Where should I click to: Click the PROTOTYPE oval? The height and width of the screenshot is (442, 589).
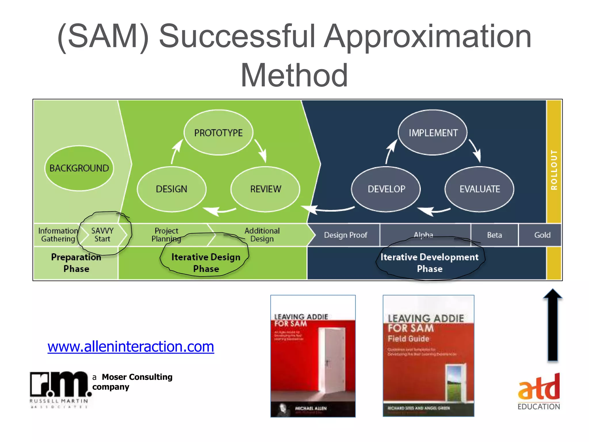[218, 133]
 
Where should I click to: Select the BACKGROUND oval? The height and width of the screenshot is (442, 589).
[79, 168]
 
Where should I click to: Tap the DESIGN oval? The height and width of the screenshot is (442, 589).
[171, 189]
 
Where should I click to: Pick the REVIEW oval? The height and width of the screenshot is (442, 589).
[265, 189]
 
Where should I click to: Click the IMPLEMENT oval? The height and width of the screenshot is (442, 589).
[433, 133]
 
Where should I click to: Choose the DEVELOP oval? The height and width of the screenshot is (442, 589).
[386, 189]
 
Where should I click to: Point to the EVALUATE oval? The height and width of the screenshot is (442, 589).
[479, 189]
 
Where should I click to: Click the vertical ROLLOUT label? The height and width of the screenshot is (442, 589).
[554, 170]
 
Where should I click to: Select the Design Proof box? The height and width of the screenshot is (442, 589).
[345, 235]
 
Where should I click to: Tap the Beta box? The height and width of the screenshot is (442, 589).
[494, 235]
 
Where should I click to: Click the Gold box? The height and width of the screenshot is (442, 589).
[542, 235]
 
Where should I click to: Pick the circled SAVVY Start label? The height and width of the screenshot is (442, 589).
[102, 235]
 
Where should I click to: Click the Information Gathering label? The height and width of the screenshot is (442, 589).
[58, 235]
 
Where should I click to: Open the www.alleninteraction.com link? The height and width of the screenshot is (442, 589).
[131, 346]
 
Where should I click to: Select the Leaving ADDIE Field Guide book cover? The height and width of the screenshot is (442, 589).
[428, 356]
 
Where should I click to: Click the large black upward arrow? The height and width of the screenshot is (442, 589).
[552, 325]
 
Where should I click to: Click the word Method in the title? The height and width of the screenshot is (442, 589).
[294, 75]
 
